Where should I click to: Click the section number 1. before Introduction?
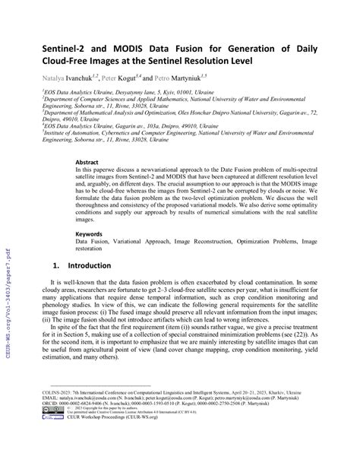point(55,267)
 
